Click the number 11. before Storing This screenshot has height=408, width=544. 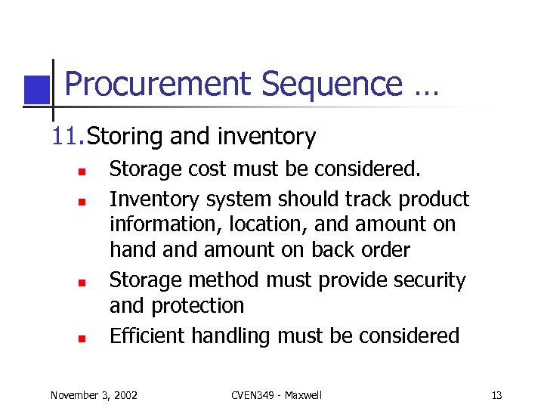point(66,137)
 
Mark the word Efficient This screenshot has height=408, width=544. point(147,335)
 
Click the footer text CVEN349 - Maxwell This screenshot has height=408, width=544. point(276,394)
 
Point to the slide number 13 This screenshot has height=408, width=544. point(496,394)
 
